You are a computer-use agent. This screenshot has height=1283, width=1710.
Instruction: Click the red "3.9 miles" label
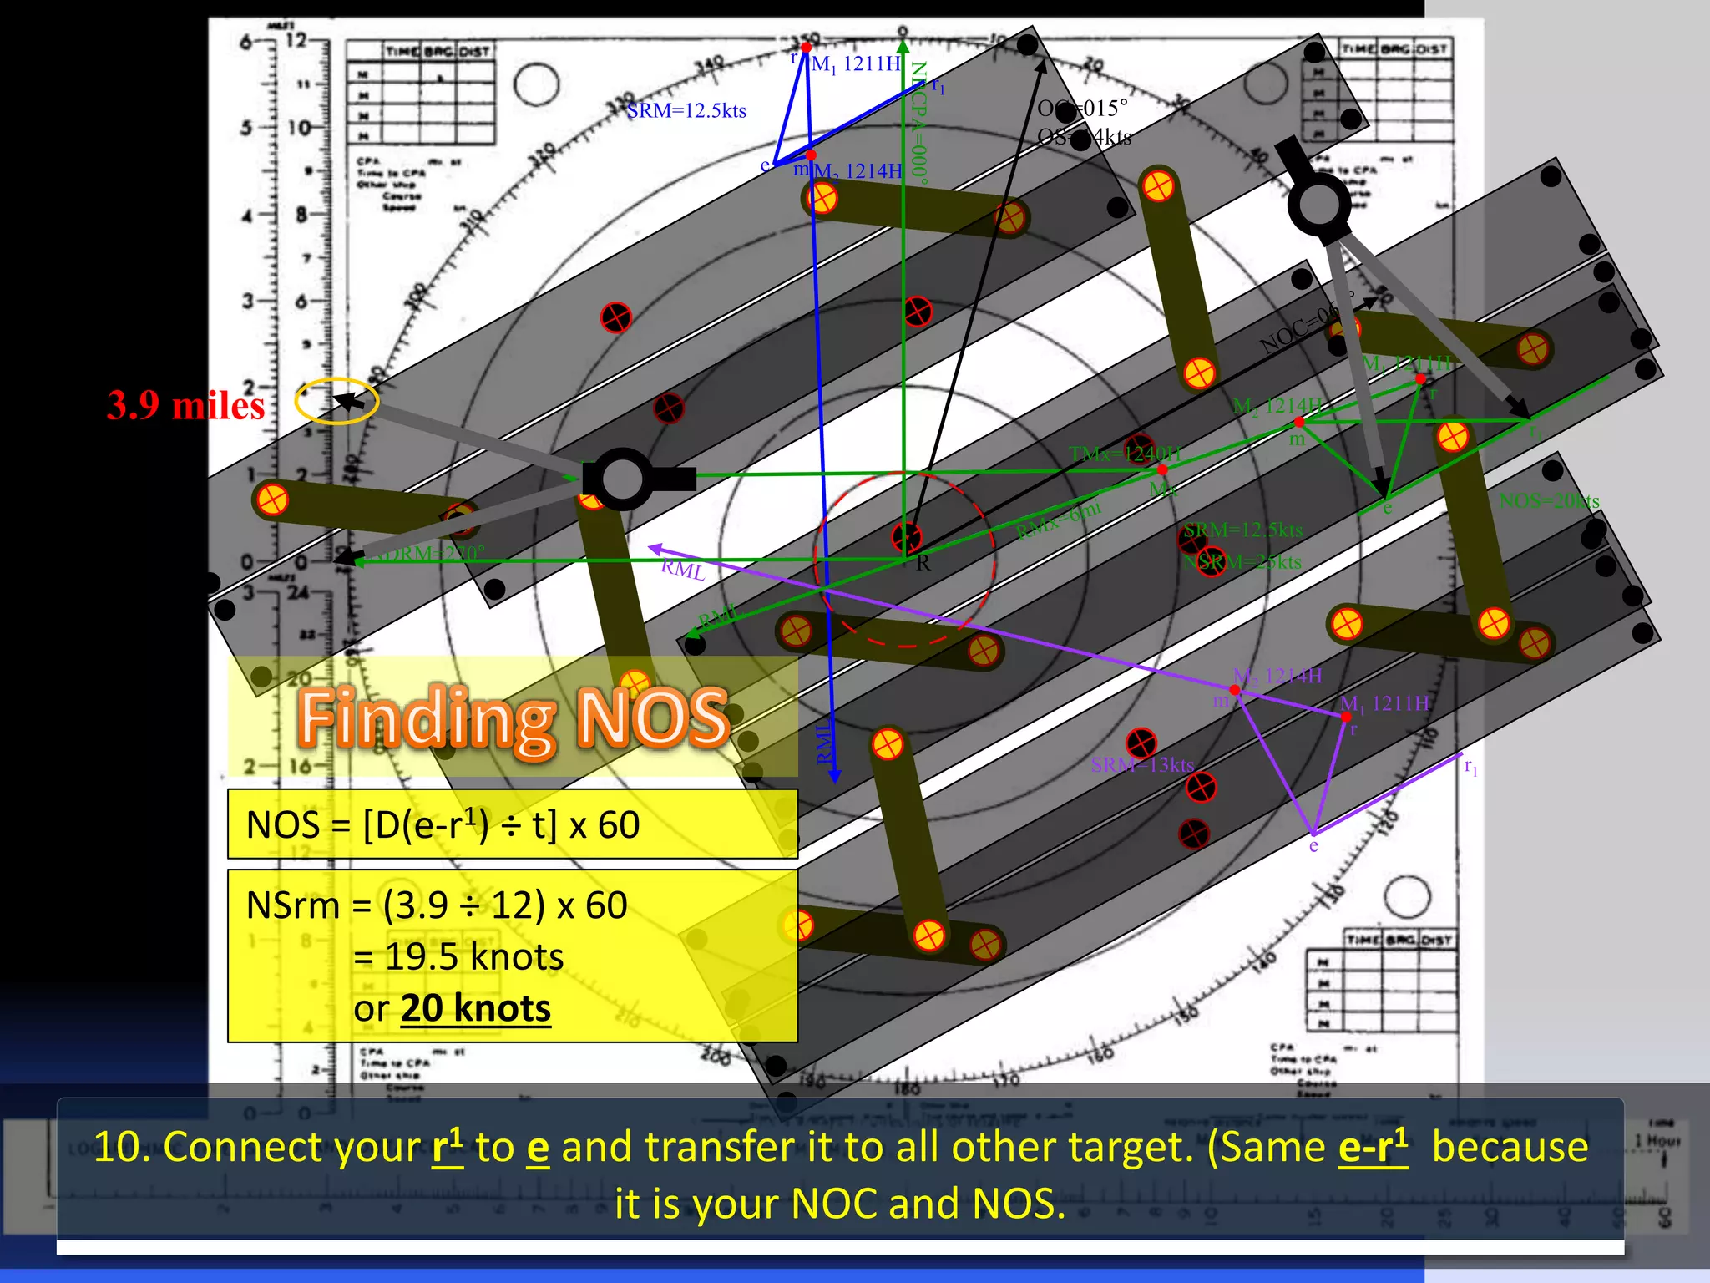pos(185,406)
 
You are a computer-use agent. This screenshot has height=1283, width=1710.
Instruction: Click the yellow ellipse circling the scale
pos(336,401)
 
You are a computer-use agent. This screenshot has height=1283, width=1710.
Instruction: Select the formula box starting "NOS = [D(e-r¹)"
pos(512,824)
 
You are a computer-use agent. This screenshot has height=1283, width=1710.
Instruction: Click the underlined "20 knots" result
pos(476,1009)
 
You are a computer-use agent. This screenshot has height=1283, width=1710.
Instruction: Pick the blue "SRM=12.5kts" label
pos(686,111)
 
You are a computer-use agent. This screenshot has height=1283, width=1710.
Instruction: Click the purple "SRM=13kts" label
pos(1141,764)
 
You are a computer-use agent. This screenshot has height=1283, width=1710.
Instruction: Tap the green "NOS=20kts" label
pos(1549,501)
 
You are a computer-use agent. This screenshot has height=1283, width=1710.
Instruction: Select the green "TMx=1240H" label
pos(1125,454)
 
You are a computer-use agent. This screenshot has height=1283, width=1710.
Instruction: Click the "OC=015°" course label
pos(1082,109)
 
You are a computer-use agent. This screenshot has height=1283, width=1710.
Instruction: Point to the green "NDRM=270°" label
pos(426,553)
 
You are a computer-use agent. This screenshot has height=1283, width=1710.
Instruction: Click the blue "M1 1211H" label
pos(856,64)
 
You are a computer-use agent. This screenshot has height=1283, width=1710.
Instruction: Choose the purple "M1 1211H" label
pos(1384,704)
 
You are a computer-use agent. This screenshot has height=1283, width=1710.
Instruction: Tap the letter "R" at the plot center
pos(923,563)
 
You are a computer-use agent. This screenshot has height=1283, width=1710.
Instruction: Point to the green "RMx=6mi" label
pos(1059,520)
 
